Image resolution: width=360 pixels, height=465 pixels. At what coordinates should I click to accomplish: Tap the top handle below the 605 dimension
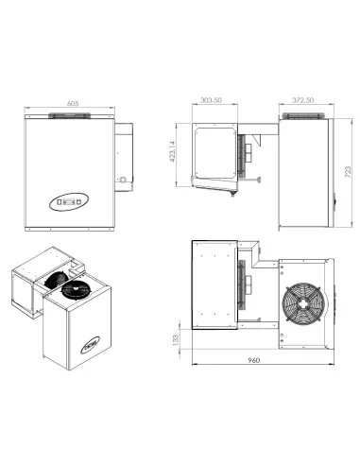[x=72, y=117]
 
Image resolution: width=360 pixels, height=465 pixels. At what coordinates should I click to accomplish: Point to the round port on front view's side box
[x=121, y=178]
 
